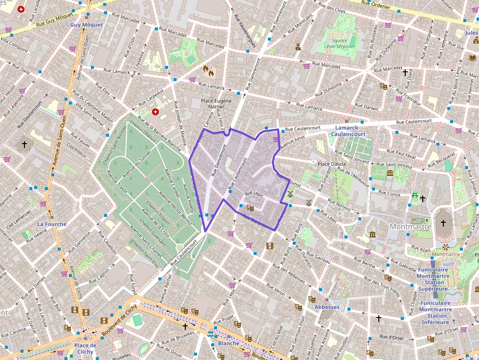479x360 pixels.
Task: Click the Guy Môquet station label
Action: point(87,24)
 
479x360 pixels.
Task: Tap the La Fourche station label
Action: point(52,224)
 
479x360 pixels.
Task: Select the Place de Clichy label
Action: point(85,348)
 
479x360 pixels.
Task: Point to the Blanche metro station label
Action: point(228,343)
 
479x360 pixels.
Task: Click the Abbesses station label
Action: point(327,307)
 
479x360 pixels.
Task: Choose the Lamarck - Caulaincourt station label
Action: point(347,131)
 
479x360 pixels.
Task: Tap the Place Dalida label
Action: point(331,164)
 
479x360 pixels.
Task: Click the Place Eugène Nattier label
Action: point(213,103)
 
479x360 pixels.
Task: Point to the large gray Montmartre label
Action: point(411,227)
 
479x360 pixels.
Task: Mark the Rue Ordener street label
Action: point(376,6)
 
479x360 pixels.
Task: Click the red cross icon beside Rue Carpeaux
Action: point(155,112)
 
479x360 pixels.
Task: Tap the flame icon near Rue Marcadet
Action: point(209,71)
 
